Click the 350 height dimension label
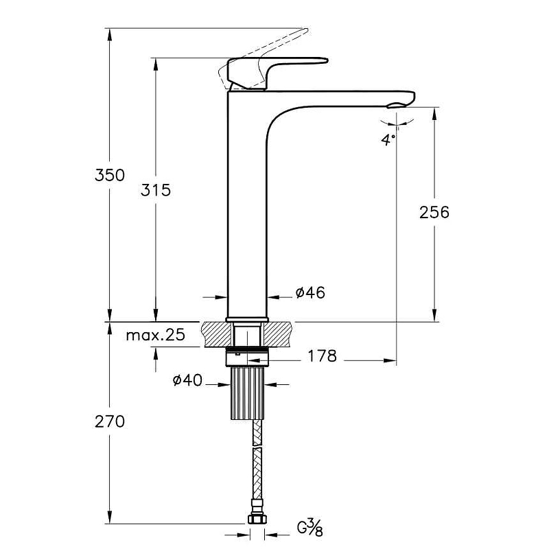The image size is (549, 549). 110,175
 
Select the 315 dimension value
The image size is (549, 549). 156,190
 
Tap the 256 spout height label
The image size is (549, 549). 434,212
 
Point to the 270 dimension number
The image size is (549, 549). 110,421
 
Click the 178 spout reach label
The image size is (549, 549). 322,356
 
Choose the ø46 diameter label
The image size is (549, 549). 310,292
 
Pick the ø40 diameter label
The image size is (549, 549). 187,380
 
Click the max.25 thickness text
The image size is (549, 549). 156,335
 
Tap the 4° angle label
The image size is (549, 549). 388,139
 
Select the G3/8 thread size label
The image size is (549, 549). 310,528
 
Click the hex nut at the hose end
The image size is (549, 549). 257,518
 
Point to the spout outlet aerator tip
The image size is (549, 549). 397,106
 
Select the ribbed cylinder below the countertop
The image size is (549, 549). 248,393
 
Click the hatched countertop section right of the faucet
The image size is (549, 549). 279,334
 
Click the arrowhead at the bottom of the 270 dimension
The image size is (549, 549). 110,517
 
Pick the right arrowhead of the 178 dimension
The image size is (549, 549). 390,361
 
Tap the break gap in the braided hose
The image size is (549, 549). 257,447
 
